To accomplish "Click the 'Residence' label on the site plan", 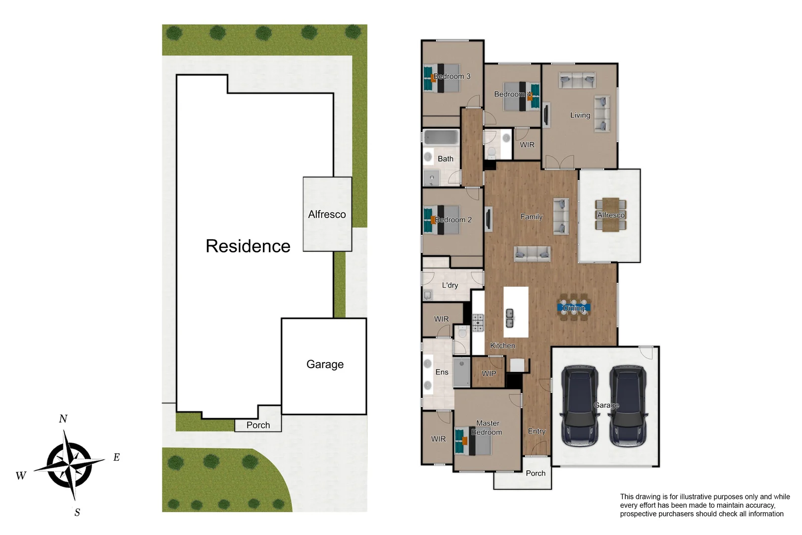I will point(248,246).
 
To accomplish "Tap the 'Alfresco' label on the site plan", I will point(327,214).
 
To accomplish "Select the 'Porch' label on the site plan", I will point(258,425).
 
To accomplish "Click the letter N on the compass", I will point(63,419).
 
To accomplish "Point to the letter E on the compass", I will point(116,457).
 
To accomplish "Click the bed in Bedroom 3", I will point(442,78).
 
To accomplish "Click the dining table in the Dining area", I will point(574,308).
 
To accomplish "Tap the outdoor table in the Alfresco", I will point(610,214).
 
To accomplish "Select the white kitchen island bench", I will point(516,312).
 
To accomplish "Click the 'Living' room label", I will point(580,115).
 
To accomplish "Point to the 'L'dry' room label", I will point(450,285).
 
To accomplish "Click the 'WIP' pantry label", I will point(489,374).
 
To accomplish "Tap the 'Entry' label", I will point(536,431).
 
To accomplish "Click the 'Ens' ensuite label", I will point(442,372).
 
